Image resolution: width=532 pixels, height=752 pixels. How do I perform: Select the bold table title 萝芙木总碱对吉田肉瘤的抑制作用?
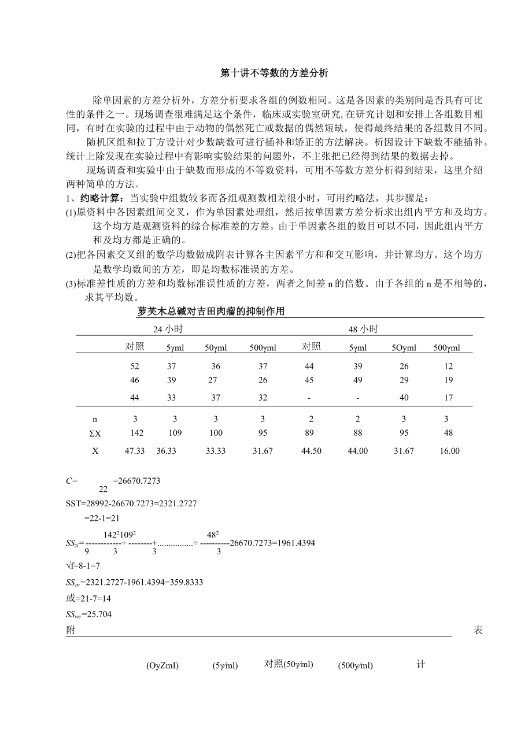(x=211, y=312)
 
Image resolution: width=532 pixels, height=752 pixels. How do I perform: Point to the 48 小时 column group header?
(x=363, y=329)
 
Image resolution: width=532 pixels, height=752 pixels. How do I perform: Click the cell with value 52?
(x=135, y=366)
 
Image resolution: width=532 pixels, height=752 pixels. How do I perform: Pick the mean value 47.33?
(x=135, y=451)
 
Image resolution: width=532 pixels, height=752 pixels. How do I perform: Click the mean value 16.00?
(x=449, y=451)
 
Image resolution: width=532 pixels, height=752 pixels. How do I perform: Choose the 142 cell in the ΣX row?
(x=136, y=434)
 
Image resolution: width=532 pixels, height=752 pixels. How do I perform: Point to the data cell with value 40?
(x=404, y=398)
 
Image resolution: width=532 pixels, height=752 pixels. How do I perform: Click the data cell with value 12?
(x=449, y=366)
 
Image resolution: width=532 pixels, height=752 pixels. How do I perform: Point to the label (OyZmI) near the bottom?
(x=162, y=666)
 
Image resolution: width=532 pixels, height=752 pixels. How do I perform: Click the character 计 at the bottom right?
(x=420, y=665)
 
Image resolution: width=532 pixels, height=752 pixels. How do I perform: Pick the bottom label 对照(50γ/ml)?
(x=289, y=664)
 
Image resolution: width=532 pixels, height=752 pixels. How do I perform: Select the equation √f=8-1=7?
(x=83, y=566)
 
